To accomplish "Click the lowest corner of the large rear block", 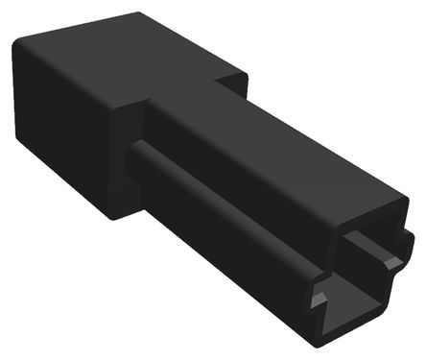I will coord(113,217).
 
